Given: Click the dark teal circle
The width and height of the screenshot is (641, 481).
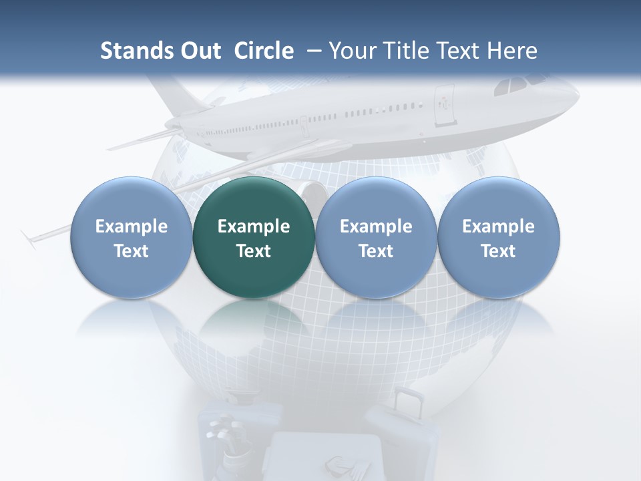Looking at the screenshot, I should coord(254,237).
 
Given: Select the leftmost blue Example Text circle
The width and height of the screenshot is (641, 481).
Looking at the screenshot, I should coord(132,237).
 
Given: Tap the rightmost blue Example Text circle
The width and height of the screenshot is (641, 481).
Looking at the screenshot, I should coord(498,237).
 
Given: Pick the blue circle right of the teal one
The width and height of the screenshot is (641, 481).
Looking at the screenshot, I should coord(376,237).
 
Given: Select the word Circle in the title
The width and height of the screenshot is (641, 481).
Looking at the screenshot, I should coord(264,51).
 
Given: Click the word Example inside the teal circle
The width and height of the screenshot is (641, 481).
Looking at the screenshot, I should coord(254,226).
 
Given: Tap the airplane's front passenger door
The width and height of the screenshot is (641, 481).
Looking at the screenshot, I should coord(443,106).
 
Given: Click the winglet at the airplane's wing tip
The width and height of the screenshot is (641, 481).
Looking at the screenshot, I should coord(29,239).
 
